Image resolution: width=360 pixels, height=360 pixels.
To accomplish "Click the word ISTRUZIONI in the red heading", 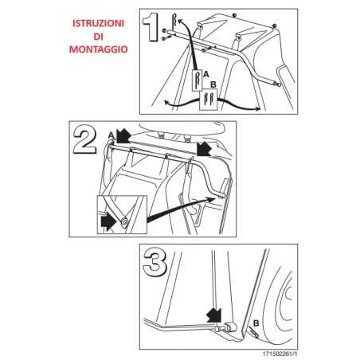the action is tap(98, 23).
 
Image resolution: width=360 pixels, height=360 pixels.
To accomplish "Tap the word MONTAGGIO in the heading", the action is tap(98, 49).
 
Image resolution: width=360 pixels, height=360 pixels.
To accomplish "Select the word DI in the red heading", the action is tap(98, 37).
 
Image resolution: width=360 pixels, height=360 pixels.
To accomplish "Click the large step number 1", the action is tap(151, 27).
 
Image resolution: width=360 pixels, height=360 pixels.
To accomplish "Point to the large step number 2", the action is tap(84, 139).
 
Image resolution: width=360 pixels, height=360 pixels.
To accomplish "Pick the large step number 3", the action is tap(155, 264).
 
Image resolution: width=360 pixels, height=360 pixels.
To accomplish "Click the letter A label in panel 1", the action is tap(205, 75).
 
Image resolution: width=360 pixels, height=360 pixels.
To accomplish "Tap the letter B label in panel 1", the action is tap(213, 84).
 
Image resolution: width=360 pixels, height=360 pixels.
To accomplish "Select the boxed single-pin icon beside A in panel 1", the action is tap(197, 80).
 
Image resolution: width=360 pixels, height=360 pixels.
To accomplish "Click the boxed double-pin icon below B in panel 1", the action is tap(208, 100).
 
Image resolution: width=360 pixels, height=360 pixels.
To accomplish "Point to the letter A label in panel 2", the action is tap(111, 135).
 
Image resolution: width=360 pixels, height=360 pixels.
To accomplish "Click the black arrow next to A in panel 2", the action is tap(123, 135).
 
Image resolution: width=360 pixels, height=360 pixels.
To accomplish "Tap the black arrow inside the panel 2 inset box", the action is tap(108, 222).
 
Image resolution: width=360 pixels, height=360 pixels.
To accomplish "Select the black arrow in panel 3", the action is tap(214, 315).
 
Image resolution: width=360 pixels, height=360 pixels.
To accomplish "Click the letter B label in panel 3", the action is tap(256, 323).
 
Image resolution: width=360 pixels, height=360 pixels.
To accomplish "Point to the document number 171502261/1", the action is tap(280, 354).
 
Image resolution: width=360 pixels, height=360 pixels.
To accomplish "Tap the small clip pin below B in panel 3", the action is tap(253, 332).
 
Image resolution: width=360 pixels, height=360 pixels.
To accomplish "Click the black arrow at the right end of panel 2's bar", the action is tap(204, 149).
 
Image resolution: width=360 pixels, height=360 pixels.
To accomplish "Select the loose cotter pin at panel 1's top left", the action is tap(174, 21).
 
